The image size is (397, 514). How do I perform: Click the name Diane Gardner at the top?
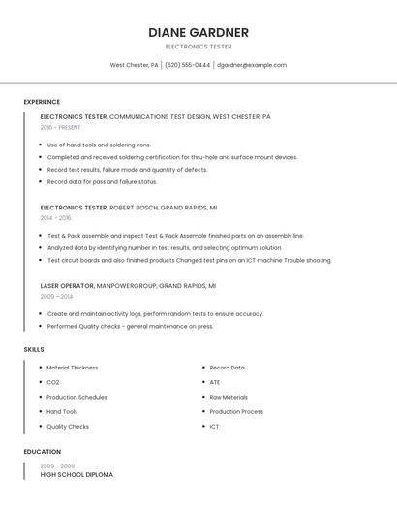(198, 32)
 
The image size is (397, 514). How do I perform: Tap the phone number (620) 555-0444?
(187, 65)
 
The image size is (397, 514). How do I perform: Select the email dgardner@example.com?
(252, 65)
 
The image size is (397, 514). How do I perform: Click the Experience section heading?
(42, 102)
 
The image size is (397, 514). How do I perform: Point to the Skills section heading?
(34, 349)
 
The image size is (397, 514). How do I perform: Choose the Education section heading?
(43, 452)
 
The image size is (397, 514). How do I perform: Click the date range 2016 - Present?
(60, 128)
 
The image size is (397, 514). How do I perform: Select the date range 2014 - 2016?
(55, 218)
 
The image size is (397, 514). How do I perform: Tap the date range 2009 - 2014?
(55, 297)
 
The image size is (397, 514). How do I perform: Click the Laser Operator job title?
(67, 286)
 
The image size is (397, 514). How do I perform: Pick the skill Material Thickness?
(73, 368)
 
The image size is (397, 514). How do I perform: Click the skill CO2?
(53, 382)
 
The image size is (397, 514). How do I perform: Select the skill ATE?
(215, 382)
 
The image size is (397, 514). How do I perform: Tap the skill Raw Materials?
(229, 397)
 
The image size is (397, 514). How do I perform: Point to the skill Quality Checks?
(68, 427)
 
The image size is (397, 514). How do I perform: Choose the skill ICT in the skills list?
(214, 427)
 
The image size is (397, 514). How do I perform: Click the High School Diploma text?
(76, 475)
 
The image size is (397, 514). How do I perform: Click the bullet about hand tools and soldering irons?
(99, 145)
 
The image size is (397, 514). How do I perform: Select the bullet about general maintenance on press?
(130, 327)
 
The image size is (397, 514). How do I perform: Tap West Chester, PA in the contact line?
(134, 65)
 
